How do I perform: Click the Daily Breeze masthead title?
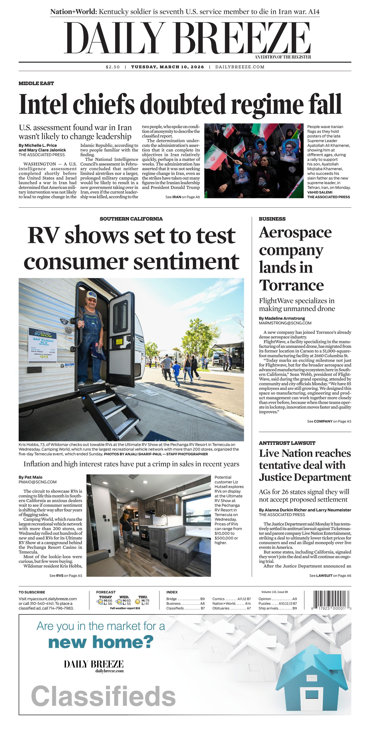(x=187, y=38)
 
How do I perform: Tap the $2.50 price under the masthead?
(x=113, y=67)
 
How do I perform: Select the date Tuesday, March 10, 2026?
(x=167, y=67)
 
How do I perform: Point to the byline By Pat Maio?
(x=30, y=477)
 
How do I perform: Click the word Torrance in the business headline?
(x=291, y=285)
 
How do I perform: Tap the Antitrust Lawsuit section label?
(x=287, y=443)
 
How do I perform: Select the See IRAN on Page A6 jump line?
(x=183, y=197)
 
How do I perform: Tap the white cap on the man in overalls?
(x=92, y=295)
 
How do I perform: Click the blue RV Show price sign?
(x=43, y=345)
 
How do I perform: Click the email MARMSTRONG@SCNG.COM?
(x=285, y=323)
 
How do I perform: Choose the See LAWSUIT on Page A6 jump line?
(x=330, y=575)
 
